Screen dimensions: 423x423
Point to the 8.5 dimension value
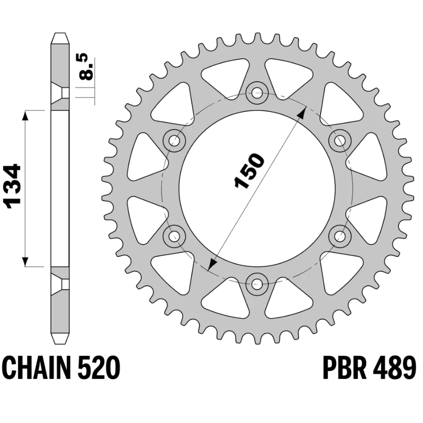click(x=87, y=67)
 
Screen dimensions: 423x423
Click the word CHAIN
click(x=36, y=368)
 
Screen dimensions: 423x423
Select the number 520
click(x=98, y=368)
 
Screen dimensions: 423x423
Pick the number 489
click(x=394, y=368)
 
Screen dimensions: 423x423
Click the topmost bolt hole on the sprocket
click(x=257, y=94)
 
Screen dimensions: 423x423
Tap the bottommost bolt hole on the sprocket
click(x=257, y=283)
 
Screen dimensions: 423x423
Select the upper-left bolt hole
click(x=174, y=141)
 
